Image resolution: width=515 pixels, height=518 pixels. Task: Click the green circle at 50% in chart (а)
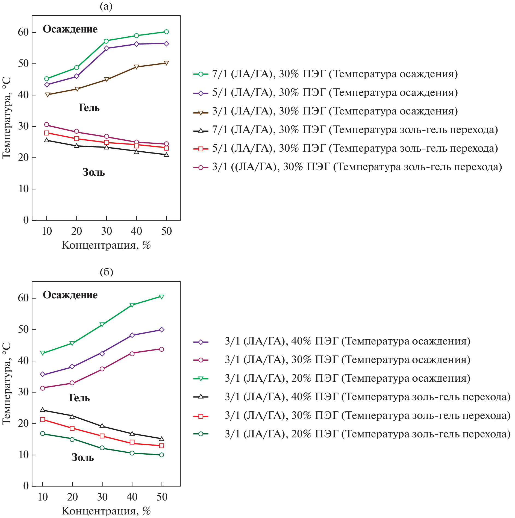pyautogui.click(x=166, y=32)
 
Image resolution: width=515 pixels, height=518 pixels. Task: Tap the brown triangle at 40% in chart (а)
pyautogui.click(x=137, y=67)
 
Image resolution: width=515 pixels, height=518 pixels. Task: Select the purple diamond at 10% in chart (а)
pyautogui.click(x=47, y=85)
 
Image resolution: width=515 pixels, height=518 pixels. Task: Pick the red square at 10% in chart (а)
pyautogui.click(x=47, y=133)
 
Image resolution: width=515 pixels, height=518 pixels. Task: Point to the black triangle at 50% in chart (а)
pyautogui.click(x=166, y=155)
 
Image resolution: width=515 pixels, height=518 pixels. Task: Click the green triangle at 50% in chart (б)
pyautogui.click(x=161, y=297)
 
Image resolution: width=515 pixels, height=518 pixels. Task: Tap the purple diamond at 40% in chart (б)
pyautogui.click(x=132, y=335)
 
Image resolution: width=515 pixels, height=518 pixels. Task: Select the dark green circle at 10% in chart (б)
pyautogui.click(x=43, y=434)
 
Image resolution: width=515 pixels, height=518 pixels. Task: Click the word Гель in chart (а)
pyautogui.click(x=89, y=108)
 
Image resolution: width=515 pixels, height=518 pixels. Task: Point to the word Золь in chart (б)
pyautogui.click(x=83, y=458)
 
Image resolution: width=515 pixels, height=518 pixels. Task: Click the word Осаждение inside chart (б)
pyautogui.click(x=70, y=295)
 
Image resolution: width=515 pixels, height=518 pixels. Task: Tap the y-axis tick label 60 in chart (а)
pyautogui.click(x=23, y=32)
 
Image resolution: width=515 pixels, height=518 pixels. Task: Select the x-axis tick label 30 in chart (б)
pyautogui.click(x=102, y=497)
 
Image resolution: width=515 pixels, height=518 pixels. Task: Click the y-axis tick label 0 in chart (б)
pyautogui.click(x=26, y=486)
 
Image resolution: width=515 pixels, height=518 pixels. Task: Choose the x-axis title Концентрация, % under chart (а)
pyautogui.click(x=106, y=245)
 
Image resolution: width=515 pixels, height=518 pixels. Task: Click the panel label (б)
pyautogui.click(x=106, y=272)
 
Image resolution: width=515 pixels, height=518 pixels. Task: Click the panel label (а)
pyautogui.click(x=106, y=6)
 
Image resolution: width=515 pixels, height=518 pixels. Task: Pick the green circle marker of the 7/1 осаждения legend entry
pyautogui.click(x=201, y=74)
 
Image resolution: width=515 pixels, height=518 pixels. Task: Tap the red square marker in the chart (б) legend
pyautogui.click(x=201, y=416)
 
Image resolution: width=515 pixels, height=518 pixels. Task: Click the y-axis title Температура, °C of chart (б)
pyautogui.click(x=7, y=384)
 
